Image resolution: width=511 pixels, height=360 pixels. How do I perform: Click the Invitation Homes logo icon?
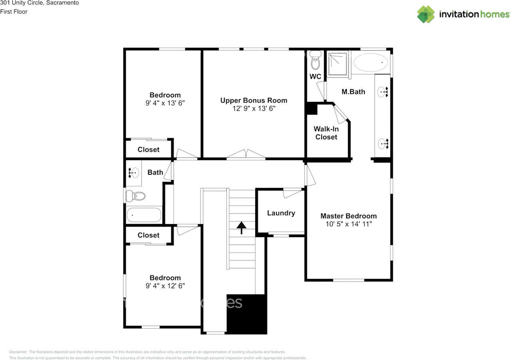426,14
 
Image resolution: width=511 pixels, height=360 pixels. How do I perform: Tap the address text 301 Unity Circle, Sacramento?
40,3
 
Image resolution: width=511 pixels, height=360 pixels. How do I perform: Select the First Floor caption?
14,12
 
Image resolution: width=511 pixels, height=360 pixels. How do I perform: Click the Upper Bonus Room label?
254,101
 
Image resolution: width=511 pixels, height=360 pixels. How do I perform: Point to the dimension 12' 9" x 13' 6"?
254,109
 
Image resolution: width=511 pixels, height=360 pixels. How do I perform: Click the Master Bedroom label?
348,216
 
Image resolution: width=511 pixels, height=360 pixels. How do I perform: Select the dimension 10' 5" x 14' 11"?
348,224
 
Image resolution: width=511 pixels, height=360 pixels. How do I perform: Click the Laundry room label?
281,213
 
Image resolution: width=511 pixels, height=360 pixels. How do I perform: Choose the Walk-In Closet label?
326,133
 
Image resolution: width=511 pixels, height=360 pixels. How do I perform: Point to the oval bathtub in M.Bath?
371,62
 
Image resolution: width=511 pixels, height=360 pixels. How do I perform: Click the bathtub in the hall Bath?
144,215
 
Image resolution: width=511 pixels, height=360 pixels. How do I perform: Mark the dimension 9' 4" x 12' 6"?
165,286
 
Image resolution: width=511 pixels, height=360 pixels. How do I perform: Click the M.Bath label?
353,92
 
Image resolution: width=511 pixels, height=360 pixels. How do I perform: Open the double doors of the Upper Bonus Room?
246,154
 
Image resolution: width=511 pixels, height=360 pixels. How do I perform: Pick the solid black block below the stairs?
246,314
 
